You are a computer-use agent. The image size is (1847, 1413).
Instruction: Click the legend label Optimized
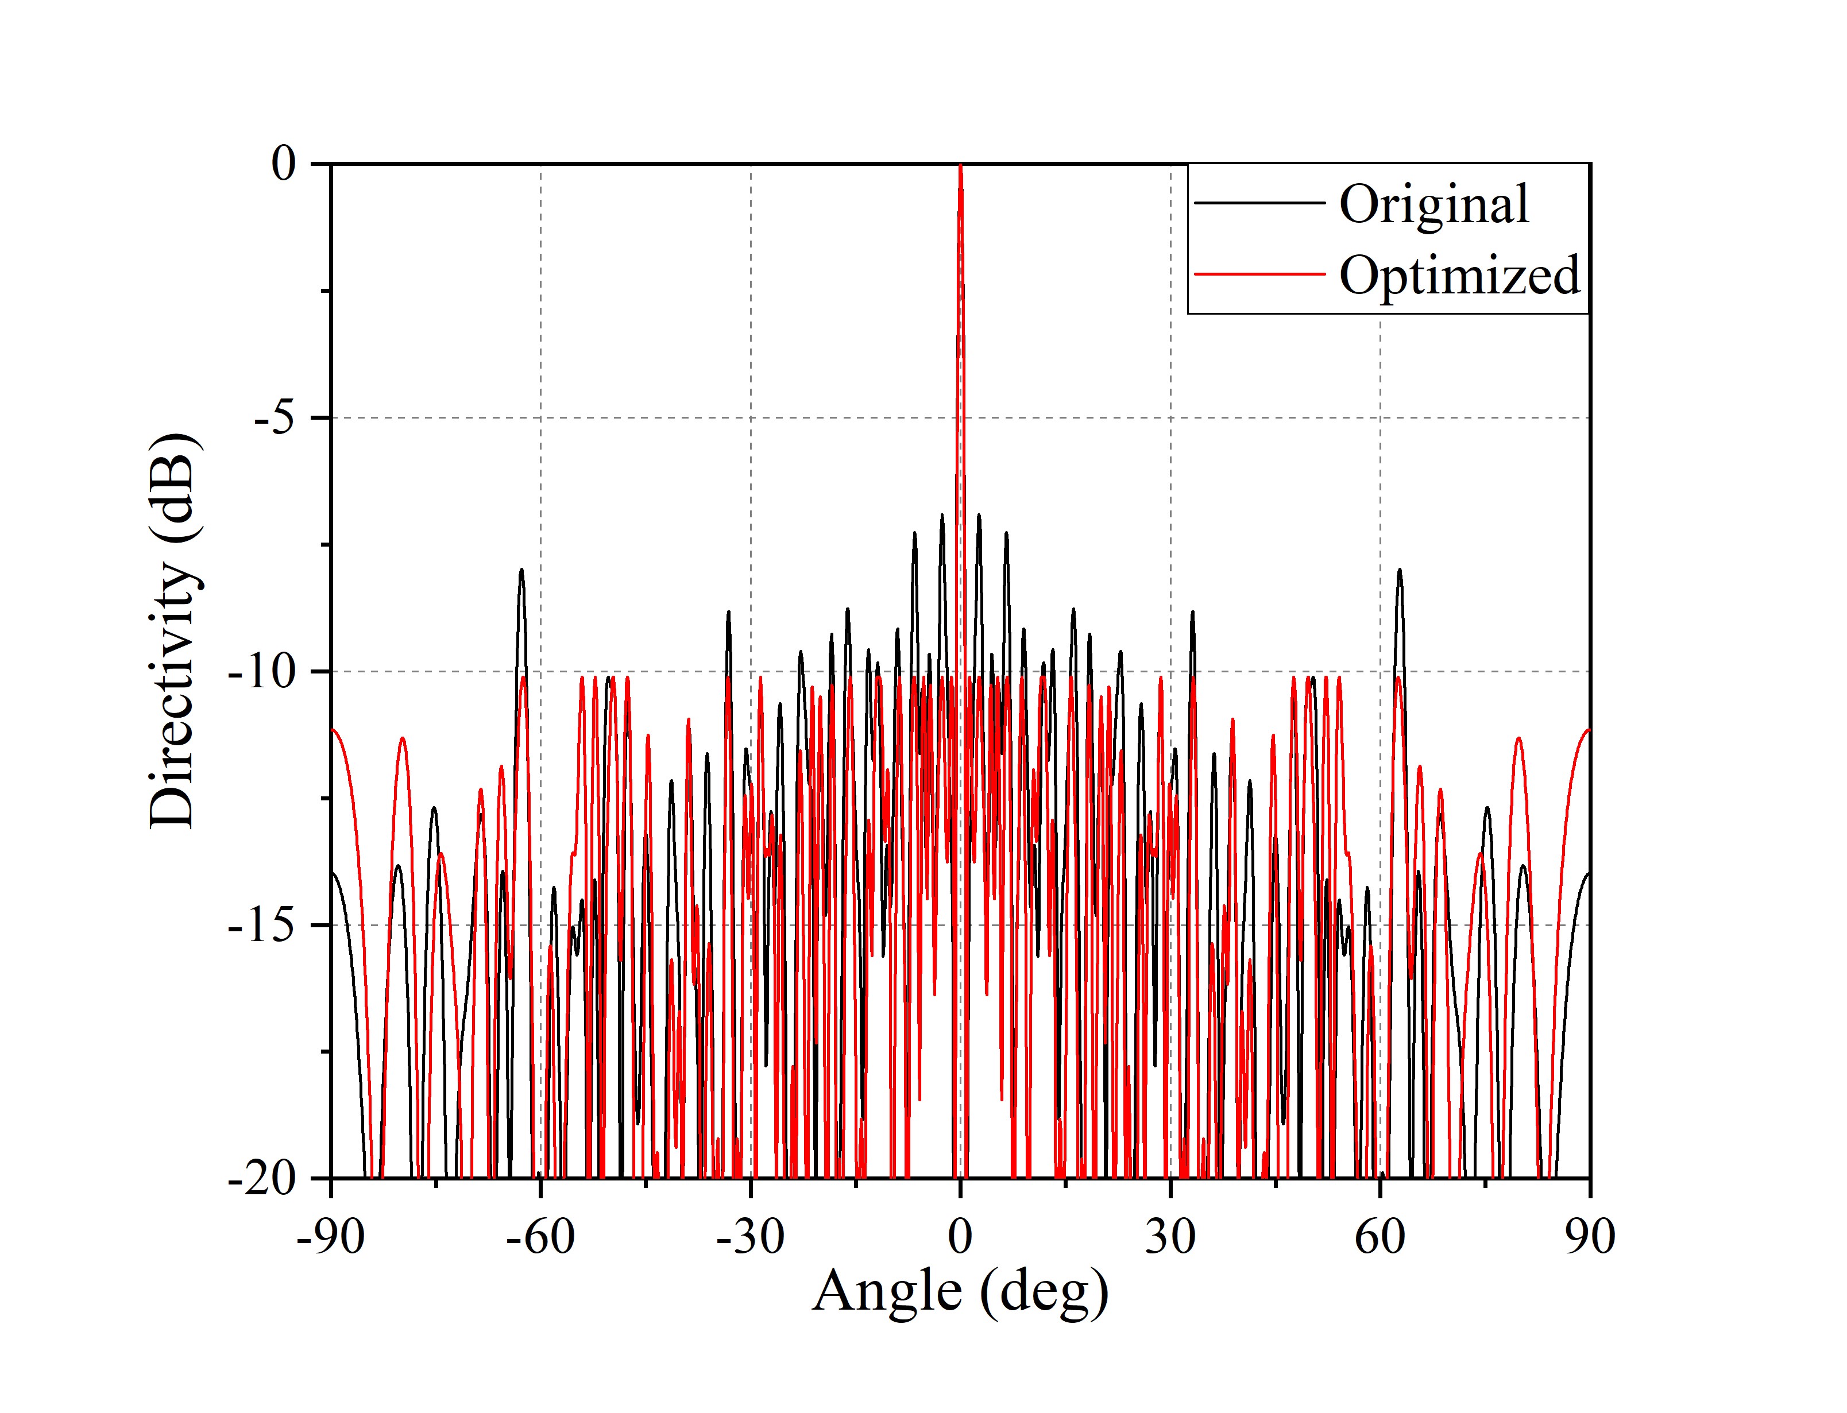1459,275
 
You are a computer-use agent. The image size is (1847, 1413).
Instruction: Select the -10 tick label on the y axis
262,673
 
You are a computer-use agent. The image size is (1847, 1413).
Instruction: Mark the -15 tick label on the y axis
262,926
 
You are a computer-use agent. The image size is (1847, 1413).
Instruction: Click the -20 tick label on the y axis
262,1179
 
